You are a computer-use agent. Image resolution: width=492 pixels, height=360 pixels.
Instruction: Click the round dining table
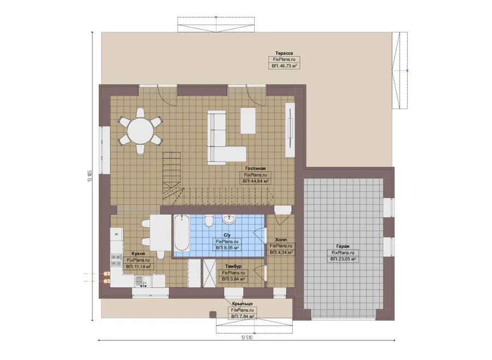pyautogui.click(x=140, y=131)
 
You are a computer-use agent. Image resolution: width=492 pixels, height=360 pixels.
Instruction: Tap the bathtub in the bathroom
pyautogui.click(x=181, y=233)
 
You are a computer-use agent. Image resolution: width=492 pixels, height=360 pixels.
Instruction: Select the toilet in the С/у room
pyautogui.click(x=209, y=221)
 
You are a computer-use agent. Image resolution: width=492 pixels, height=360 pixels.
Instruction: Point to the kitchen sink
pyautogui.click(x=143, y=281)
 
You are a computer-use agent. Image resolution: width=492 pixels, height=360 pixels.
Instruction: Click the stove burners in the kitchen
pyautogui.click(x=116, y=259)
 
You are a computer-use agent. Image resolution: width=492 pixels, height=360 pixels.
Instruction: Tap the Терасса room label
pyautogui.click(x=284, y=53)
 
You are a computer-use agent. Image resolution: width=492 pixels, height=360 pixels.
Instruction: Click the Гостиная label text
pyautogui.click(x=255, y=168)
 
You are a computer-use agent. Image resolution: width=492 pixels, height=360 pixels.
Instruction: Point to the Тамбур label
pyautogui.click(x=233, y=266)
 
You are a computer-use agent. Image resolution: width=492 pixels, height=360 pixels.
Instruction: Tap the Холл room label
pyautogui.click(x=281, y=240)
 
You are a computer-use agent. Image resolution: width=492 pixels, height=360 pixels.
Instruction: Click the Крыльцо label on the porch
pyautogui.click(x=242, y=304)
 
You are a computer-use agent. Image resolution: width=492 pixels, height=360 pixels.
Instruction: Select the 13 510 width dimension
pyautogui.click(x=247, y=338)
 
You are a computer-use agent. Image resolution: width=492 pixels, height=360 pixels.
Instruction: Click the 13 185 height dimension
pyautogui.click(x=90, y=175)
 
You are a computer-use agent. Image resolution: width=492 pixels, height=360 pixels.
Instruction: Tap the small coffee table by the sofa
pyautogui.click(x=248, y=121)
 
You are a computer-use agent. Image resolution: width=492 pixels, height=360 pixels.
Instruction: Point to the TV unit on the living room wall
pyautogui.click(x=290, y=129)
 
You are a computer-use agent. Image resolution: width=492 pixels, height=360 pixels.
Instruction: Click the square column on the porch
pyautogui.click(x=213, y=315)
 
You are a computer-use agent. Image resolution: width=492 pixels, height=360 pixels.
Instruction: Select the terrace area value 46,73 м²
pyautogui.click(x=284, y=66)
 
